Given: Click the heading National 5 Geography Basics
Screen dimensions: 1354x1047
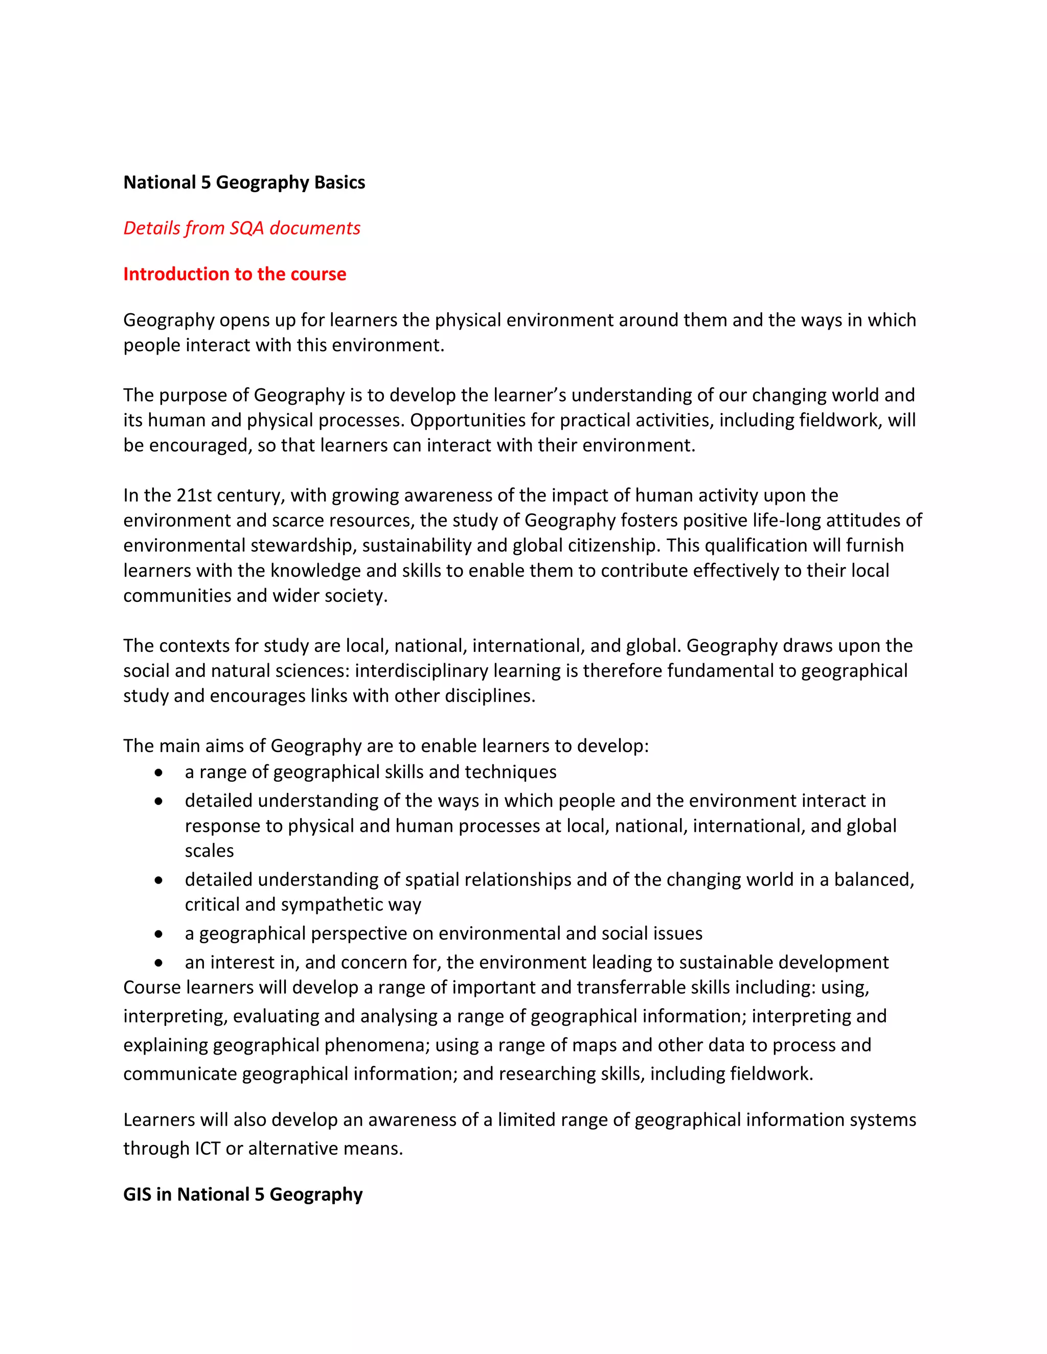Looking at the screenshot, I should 244,182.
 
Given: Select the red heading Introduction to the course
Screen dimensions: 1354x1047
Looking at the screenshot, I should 235,274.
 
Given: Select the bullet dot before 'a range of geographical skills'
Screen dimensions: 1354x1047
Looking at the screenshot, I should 160,773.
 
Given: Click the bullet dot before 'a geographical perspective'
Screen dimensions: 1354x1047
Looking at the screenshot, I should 160,933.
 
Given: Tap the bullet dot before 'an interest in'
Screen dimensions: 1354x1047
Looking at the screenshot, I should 160,963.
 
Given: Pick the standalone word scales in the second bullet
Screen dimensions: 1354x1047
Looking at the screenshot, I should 209,851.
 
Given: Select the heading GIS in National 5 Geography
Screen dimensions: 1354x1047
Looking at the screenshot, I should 242,1195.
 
